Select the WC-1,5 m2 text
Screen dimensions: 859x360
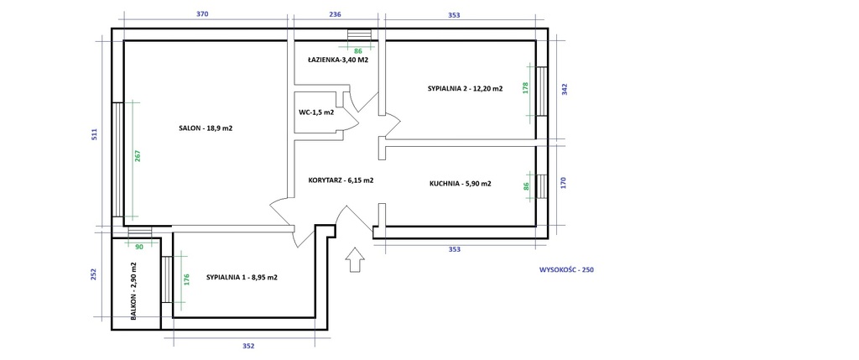click(316, 113)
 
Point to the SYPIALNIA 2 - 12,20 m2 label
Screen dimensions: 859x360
click(466, 88)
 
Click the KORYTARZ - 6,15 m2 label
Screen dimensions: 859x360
click(341, 180)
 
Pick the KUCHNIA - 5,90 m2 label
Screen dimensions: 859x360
click(461, 184)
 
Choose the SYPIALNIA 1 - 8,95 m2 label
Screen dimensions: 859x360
click(242, 277)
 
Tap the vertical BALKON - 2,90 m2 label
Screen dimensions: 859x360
click(133, 290)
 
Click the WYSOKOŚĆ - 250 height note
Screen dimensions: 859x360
click(566, 269)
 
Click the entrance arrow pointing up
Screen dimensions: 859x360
click(356, 259)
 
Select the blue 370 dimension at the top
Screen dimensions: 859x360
click(202, 15)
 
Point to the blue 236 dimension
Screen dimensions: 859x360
click(335, 15)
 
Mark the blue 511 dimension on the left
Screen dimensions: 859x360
click(94, 135)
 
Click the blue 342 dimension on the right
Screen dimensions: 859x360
click(565, 89)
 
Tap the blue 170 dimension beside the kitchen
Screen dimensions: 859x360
click(564, 182)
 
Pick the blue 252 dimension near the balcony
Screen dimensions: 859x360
click(93, 274)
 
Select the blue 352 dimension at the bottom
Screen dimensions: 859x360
click(248, 347)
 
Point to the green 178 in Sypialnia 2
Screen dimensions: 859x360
click(526, 88)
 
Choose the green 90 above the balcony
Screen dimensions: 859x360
click(139, 247)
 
